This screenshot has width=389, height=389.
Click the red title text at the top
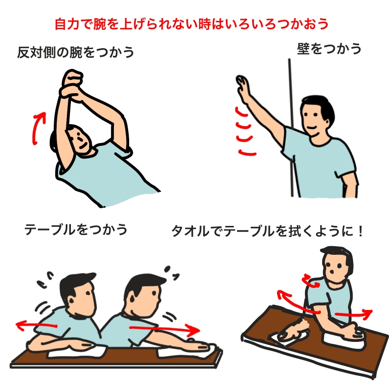pos(191,24)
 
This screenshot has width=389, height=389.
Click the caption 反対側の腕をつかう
pos(75,52)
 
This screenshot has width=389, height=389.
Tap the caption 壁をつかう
pos(329,49)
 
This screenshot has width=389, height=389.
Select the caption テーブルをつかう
pos(76,229)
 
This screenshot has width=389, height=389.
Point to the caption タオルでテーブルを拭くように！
pos(267,231)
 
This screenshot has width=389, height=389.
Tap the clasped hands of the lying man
pos(71,85)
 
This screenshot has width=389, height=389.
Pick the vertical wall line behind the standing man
pos(291,128)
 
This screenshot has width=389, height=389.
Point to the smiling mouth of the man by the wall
pos(312,128)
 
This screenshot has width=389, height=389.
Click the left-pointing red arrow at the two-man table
pos(36,325)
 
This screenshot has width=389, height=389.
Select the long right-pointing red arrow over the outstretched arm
pos(165,329)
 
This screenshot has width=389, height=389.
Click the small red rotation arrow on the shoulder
pos(310,281)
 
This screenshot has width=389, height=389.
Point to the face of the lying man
pos(79,139)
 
